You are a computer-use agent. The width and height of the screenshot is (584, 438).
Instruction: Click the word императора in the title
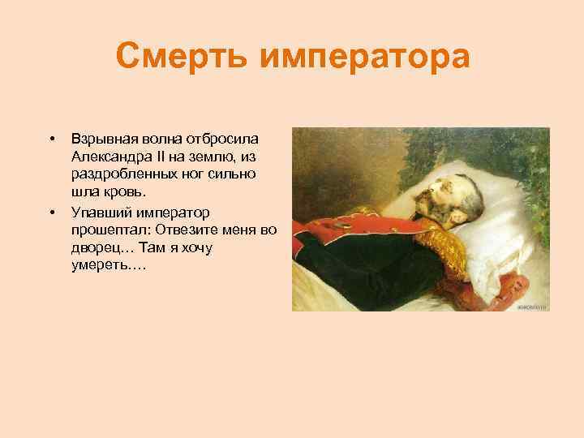(x=362, y=58)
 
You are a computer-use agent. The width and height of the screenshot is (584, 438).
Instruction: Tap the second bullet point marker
(x=51, y=213)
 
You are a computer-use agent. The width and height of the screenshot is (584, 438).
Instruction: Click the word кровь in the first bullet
(x=128, y=192)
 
